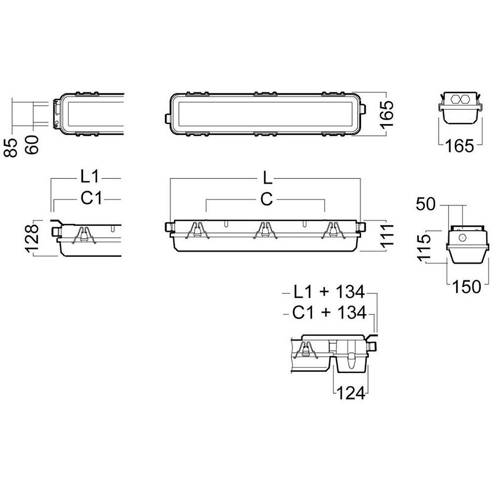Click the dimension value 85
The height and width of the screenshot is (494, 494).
pos(11,147)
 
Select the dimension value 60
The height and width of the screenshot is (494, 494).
pos(32,145)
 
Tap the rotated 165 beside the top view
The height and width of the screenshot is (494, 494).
pos(387,115)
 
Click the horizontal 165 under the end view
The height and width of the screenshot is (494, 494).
pos(459,146)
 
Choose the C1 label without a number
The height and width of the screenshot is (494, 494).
pos(91,198)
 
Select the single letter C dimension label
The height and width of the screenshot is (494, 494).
pos(267,199)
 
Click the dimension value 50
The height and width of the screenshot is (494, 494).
pos(426,204)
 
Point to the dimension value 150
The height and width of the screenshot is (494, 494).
pos(467,287)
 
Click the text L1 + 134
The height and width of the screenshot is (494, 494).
pos(329,292)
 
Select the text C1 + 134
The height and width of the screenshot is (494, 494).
pos(329,313)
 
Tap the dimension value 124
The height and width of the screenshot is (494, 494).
pos(351,393)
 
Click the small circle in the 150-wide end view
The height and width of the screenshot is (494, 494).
pos(462,238)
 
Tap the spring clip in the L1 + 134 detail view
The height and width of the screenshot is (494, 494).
pos(306,350)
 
